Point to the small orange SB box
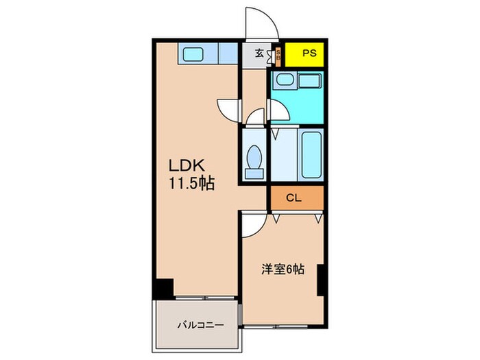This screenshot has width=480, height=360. (278, 54)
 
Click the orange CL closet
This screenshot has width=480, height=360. (294, 198)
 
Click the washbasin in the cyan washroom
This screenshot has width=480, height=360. (284, 80)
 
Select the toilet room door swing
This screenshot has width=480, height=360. (255, 118)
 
